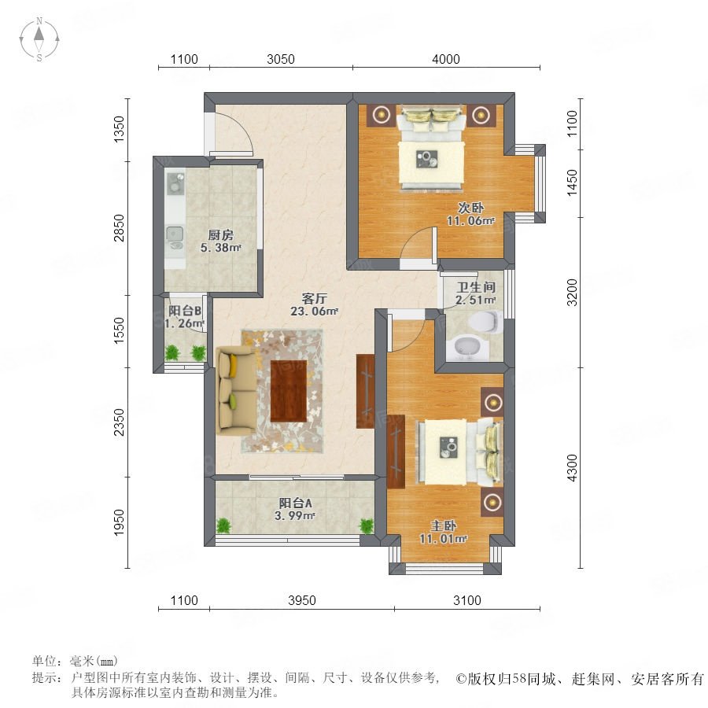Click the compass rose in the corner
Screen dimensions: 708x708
(39, 39)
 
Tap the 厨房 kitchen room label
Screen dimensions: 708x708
(221, 234)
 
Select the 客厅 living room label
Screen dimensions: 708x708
(314, 298)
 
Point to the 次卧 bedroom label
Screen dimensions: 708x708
(470, 208)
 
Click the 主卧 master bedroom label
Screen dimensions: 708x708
(443, 525)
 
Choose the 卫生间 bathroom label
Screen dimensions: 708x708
(476, 287)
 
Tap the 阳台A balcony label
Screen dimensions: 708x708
(295, 503)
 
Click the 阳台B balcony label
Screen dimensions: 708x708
(185, 311)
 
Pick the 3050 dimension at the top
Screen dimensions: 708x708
(280, 59)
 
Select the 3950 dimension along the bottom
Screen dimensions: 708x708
(301, 600)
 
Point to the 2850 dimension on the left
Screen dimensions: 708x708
(119, 228)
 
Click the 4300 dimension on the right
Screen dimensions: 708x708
(572, 468)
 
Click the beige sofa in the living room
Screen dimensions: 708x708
(236, 390)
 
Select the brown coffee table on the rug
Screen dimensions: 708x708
(289, 391)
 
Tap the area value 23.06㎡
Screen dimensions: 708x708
(314, 311)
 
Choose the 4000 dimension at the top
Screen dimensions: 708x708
(446, 59)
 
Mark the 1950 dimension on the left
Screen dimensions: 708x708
(119, 522)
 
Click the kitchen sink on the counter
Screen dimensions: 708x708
(175, 234)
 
